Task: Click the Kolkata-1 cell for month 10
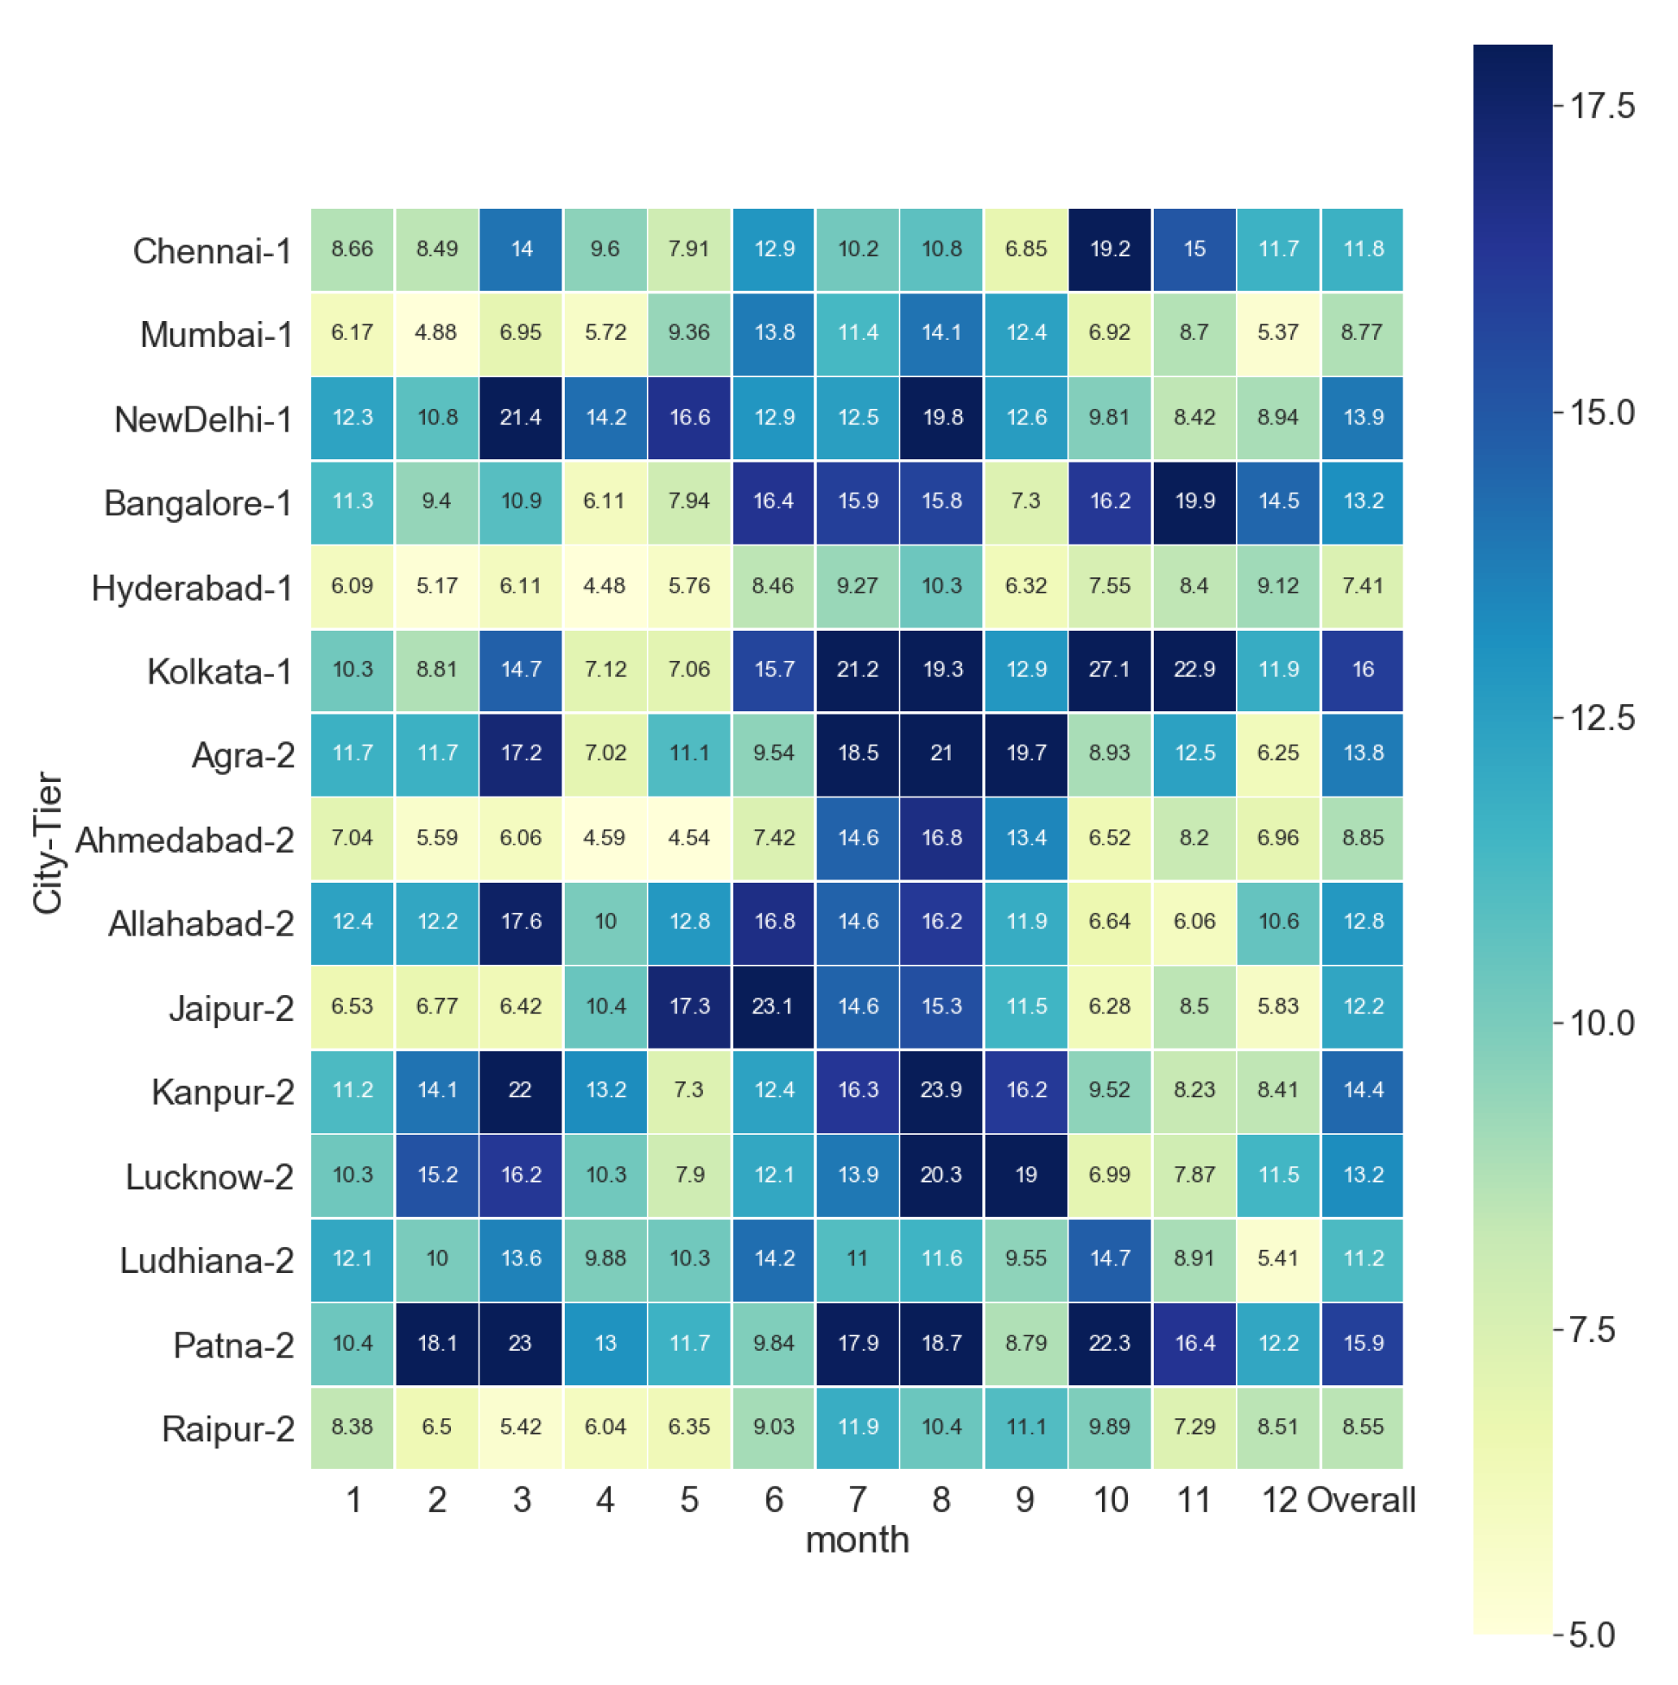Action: (x=1109, y=670)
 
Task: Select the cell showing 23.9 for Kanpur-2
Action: (x=942, y=1090)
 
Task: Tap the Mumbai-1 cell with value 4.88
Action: (x=436, y=333)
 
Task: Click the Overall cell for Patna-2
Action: (x=1363, y=1343)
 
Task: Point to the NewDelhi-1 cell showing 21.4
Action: (x=520, y=418)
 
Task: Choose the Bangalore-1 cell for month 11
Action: (x=1195, y=502)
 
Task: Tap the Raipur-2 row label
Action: (x=228, y=1429)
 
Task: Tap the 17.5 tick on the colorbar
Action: (x=1602, y=106)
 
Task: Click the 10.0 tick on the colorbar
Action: (x=1602, y=1023)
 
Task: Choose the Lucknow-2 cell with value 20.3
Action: (x=942, y=1175)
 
